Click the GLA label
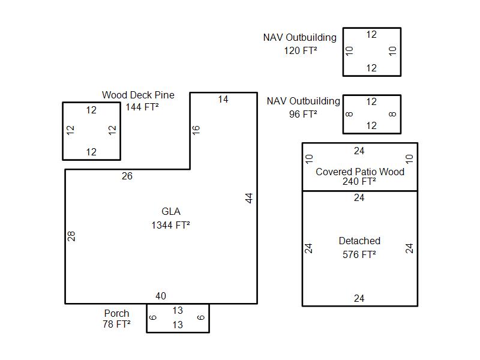[x=171, y=211]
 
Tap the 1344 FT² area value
[x=171, y=226]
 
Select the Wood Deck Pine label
[x=138, y=95]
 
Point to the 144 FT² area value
[x=142, y=107]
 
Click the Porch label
[x=116, y=313]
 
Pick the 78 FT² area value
[x=116, y=325]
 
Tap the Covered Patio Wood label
[x=360, y=172]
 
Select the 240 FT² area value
[x=359, y=182]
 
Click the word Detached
[x=359, y=241]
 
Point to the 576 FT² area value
[x=359, y=254]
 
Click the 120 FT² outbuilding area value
[x=301, y=51]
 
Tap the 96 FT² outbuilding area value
[x=303, y=114]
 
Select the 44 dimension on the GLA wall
[x=249, y=198]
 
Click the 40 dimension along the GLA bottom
[x=161, y=296]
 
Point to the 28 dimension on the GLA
[x=72, y=236]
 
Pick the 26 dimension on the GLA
[x=127, y=176]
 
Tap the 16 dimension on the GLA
[x=196, y=129]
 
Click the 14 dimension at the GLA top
[x=223, y=100]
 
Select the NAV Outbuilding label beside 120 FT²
[x=299, y=38]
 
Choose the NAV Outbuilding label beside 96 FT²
[x=304, y=101]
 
